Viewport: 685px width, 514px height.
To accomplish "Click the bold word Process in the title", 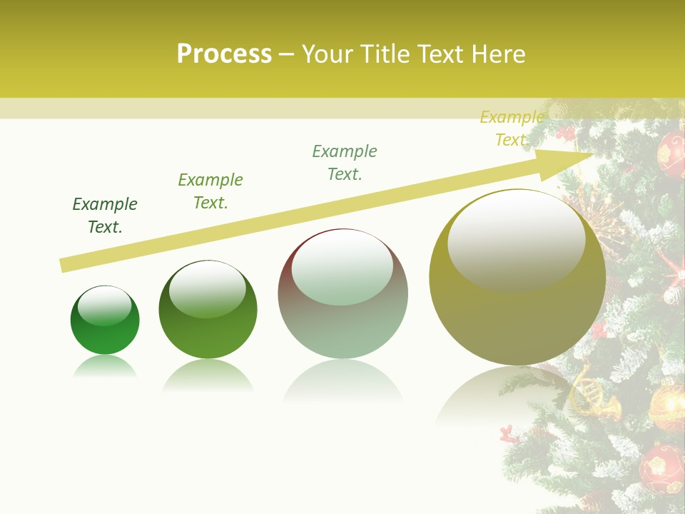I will click(224, 54).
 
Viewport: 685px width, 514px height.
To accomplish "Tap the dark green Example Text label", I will click(105, 216).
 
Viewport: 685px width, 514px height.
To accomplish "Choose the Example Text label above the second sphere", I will click(210, 191).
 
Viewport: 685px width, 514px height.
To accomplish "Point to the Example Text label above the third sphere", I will click(345, 163).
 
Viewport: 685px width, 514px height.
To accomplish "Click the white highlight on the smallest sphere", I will click(105, 306).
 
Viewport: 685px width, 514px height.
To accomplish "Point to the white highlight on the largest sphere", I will click(516, 239).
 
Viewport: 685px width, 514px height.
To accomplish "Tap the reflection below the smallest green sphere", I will click(105, 367).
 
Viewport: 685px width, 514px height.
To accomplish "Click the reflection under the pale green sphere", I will click(342, 382).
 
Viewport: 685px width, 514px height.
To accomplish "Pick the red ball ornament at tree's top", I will click(671, 151).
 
